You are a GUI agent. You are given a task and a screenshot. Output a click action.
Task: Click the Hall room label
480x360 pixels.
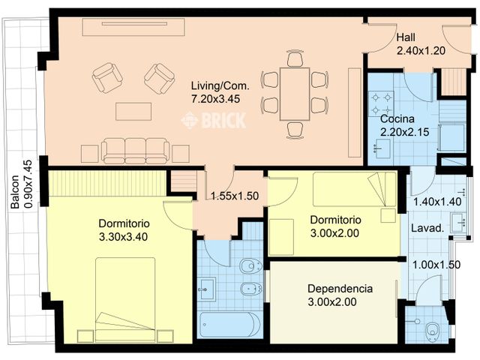tap(406, 37)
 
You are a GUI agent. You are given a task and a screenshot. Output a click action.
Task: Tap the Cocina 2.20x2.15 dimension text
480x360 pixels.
tap(404, 132)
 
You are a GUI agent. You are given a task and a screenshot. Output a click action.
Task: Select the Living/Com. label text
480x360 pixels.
tap(220, 85)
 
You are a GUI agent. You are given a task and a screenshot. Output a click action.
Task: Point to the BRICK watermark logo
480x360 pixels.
tap(214, 120)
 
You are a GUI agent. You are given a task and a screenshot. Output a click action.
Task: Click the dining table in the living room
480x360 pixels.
tap(295, 94)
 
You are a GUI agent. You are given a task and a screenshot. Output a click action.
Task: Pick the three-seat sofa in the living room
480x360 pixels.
tap(135, 151)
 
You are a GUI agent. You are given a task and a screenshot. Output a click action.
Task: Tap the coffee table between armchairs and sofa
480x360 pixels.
tap(133, 112)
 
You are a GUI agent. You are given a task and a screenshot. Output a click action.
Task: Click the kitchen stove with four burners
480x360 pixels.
tap(381, 103)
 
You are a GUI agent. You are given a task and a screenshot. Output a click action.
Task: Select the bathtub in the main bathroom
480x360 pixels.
tap(230, 324)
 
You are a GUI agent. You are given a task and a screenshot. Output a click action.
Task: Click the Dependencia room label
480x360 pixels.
tap(340, 289)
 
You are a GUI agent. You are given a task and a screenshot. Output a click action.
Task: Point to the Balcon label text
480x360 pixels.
tap(14, 192)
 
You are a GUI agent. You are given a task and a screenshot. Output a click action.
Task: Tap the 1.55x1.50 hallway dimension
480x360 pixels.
tap(235, 196)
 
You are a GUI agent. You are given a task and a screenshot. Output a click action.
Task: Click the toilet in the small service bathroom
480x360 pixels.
tap(432, 330)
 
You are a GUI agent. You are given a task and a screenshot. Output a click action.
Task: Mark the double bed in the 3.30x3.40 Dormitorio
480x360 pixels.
tap(125, 299)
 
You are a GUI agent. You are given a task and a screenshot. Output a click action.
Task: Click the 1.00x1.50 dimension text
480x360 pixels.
tap(436, 265)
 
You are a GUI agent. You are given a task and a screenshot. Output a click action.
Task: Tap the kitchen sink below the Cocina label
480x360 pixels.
tap(382, 148)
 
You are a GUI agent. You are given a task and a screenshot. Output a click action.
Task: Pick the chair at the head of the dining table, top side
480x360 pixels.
tap(295, 58)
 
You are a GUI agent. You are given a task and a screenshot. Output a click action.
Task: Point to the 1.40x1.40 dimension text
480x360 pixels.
tap(437, 202)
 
